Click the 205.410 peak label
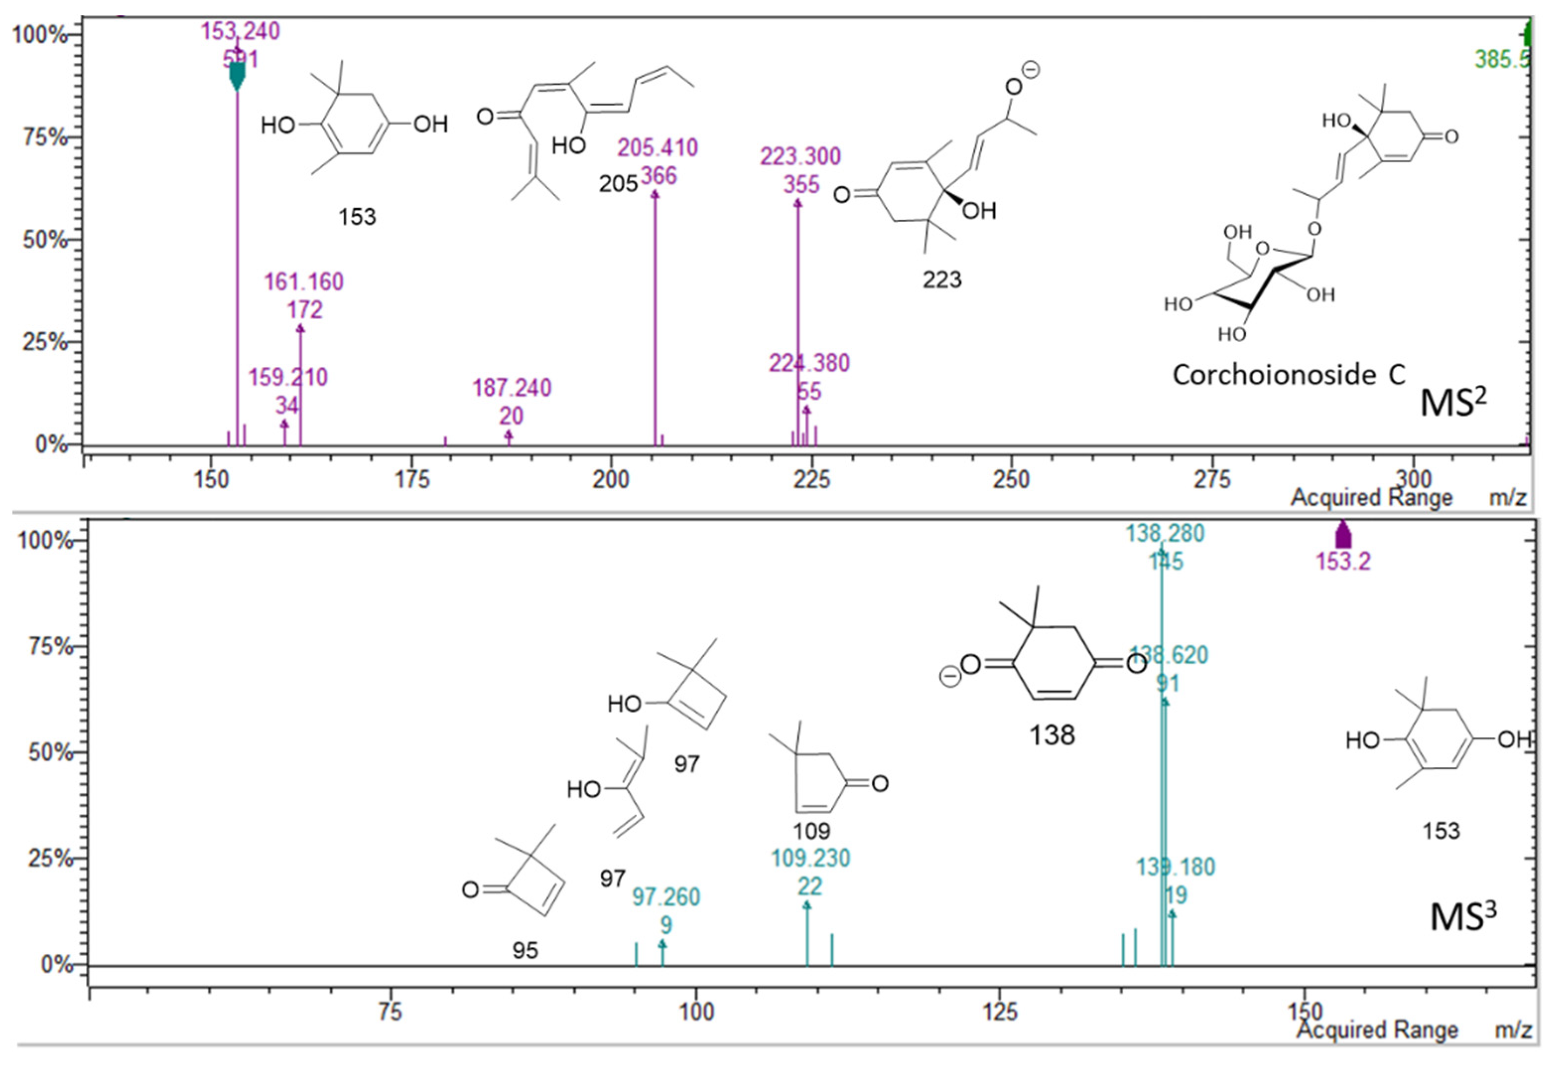tap(657, 147)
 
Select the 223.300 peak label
tap(800, 157)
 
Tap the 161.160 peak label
tap(304, 282)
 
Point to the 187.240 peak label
tap(512, 388)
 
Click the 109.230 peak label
tap(810, 858)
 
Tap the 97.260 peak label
tap(666, 897)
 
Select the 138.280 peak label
tap(1165, 534)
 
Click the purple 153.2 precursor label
tap(1343, 562)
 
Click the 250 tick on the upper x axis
tap(1011, 480)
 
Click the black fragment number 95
tap(525, 950)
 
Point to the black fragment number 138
tap(1052, 735)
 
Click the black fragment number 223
tap(942, 280)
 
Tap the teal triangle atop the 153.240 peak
tap(237, 75)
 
